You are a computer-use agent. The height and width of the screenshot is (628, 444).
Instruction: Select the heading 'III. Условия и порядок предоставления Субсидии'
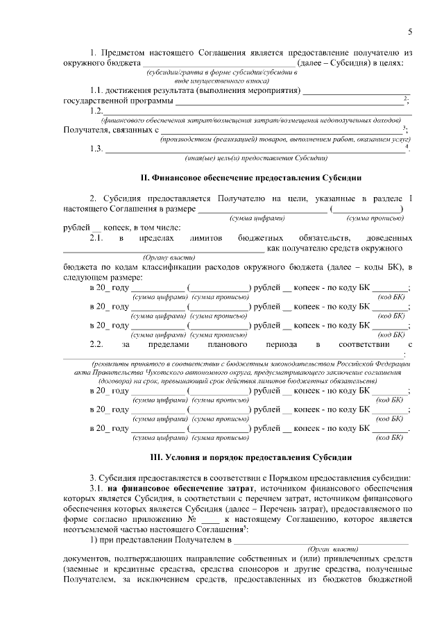[237, 458]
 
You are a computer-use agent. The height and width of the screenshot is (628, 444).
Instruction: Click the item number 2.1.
[96, 238]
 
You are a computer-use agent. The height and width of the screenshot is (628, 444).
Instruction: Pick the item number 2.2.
[96, 343]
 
